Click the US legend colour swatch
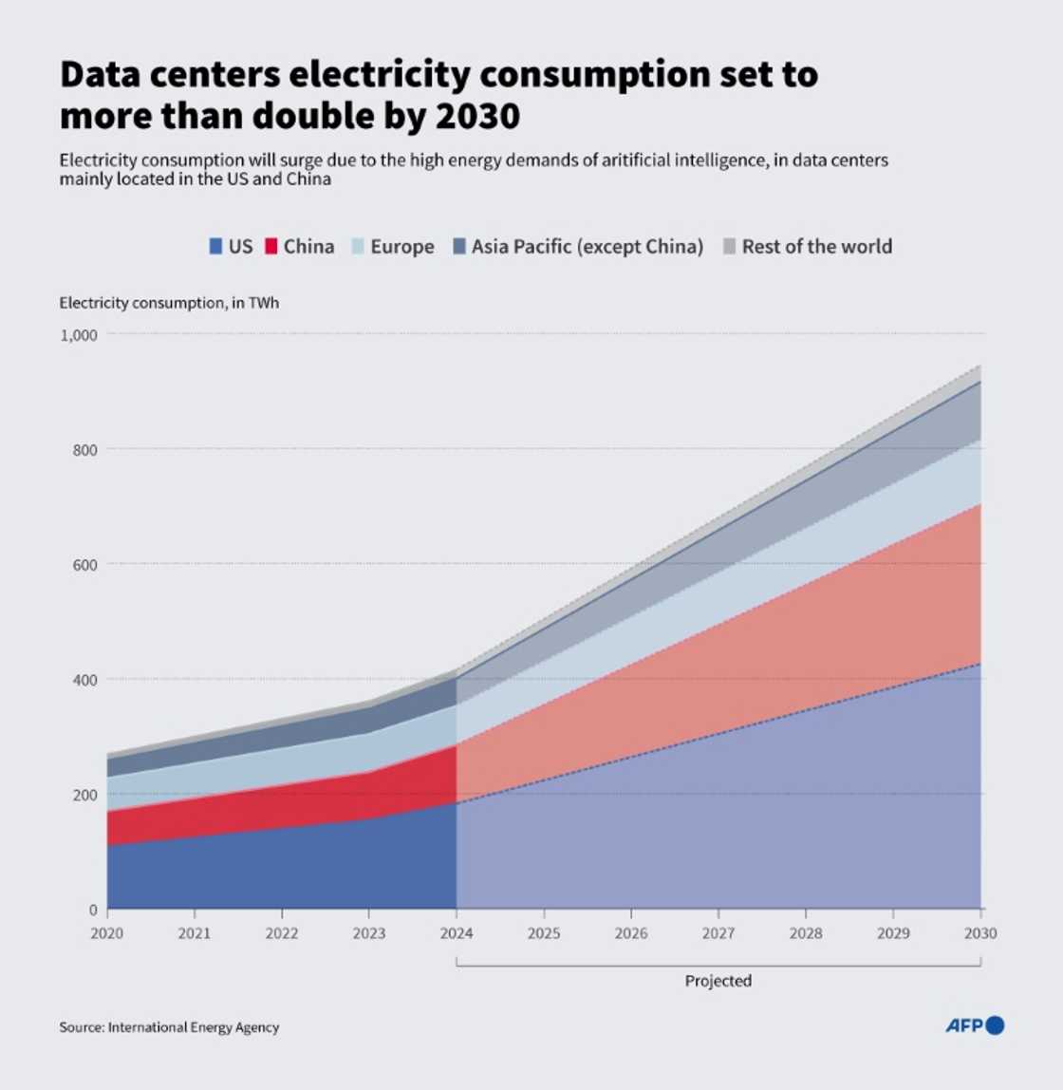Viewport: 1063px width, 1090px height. [x=215, y=247]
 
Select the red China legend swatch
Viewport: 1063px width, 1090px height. [x=271, y=247]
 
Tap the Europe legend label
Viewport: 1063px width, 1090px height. [x=401, y=247]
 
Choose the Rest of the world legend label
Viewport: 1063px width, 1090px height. [x=816, y=247]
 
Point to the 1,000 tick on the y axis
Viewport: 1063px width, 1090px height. [x=80, y=335]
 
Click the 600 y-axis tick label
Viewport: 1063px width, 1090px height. [x=84, y=565]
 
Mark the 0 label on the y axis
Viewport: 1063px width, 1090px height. [x=93, y=910]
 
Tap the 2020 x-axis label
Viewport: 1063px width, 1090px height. [x=107, y=933]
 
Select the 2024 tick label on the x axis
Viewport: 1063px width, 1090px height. [x=457, y=933]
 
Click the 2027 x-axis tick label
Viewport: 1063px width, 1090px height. [x=718, y=933]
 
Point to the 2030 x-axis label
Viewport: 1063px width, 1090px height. [x=980, y=933]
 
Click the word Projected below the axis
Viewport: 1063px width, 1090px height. [x=718, y=981]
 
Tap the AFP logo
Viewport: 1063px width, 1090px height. [x=975, y=1025]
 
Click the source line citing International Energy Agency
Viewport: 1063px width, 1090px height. [x=169, y=1027]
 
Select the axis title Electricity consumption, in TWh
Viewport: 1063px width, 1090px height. [x=169, y=303]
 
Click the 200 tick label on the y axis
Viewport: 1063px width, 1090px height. [x=84, y=795]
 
